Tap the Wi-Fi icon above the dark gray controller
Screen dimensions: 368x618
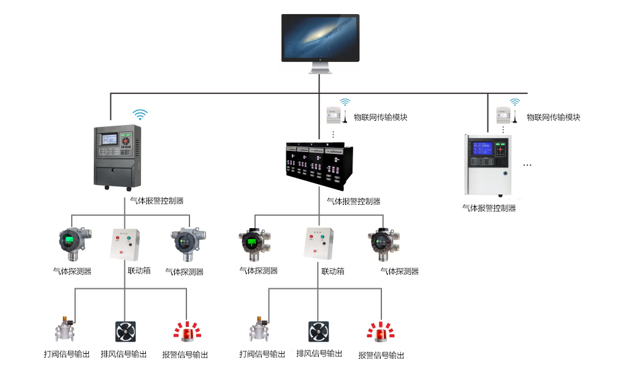click(141, 114)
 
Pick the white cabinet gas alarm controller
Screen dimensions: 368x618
click(489, 164)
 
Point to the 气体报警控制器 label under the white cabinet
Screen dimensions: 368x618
click(489, 208)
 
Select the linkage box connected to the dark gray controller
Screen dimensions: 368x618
click(125, 245)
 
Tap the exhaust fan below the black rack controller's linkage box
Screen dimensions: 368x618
click(318, 331)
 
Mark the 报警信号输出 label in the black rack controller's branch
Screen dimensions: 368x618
click(381, 355)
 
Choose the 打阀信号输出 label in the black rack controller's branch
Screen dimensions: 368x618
click(262, 354)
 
